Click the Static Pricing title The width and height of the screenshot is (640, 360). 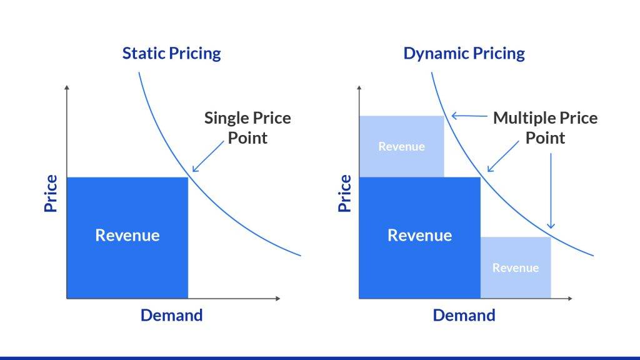[x=171, y=53]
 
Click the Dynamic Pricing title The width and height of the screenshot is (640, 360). [x=464, y=53]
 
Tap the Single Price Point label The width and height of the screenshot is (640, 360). [x=247, y=127]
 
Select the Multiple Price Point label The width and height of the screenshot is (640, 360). [x=545, y=127]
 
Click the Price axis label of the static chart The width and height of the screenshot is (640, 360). [x=51, y=193]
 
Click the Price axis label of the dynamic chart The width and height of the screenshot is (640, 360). [x=345, y=193]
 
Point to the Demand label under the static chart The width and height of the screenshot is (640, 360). [x=171, y=315]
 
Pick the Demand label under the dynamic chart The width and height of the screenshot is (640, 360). [x=464, y=315]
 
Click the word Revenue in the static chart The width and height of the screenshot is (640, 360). [x=127, y=235]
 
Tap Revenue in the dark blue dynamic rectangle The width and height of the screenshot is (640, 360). [x=419, y=235]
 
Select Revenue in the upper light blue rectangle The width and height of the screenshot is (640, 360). [x=401, y=146]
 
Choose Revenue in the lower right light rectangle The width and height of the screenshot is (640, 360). [x=516, y=267]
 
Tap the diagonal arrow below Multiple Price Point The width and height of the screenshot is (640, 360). [x=503, y=156]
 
